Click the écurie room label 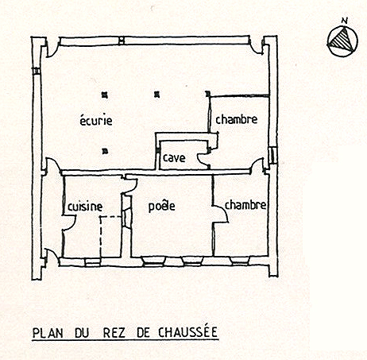tap(96, 121)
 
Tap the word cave tap(174, 158)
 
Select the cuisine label tap(85, 207)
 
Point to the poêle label tap(162, 206)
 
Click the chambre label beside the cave tap(237, 119)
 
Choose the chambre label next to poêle tap(245, 205)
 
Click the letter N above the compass tap(344, 21)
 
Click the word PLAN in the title tap(48, 333)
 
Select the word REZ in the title tap(114, 333)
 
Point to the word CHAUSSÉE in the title tap(187, 331)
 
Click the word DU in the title tap(82, 333)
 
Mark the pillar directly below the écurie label tap(105, 151)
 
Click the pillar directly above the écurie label tap(105, 95)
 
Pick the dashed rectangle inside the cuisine tap(100, 237)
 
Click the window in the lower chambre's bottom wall tap(239, 261)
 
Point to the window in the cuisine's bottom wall tap(93, 262)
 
